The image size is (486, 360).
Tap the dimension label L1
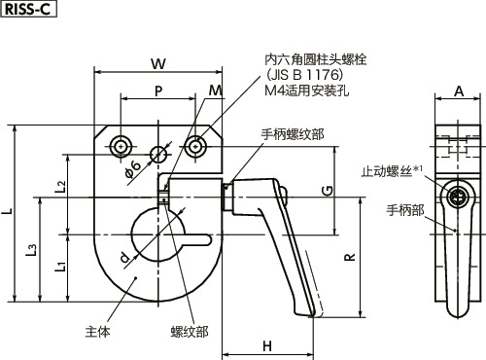point(61,266)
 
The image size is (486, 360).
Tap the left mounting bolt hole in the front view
point(121,146)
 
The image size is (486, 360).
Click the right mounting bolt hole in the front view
point(197,146)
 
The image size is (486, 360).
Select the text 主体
point(99,332)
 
